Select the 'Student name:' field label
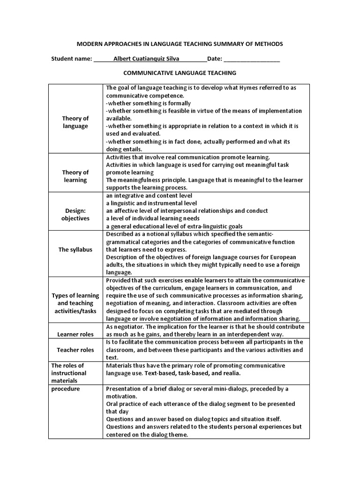pos(71,59)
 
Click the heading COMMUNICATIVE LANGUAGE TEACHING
pos(180,73)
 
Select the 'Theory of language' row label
pos(75,122)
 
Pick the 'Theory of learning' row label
pos(75,176)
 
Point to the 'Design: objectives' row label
pos(75,215)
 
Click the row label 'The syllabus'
pos(75,249)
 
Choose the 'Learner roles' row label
pos(75,334)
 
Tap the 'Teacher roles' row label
pos(75,350)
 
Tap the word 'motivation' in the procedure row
pos(121,396)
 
